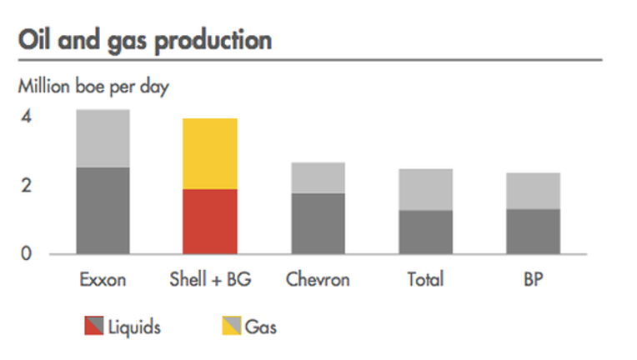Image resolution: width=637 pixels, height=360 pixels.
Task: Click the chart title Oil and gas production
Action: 145,41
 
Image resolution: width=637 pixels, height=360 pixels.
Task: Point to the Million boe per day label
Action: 93,87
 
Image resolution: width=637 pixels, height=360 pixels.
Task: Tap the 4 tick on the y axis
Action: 27,117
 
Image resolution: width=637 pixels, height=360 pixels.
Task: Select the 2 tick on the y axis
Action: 27,186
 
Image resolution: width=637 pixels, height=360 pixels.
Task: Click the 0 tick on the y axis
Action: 26,253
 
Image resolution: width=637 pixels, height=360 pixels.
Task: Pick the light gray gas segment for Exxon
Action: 103,138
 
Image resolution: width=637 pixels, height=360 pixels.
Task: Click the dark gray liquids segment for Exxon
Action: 103,211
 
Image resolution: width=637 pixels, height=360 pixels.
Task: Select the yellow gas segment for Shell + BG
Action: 210,154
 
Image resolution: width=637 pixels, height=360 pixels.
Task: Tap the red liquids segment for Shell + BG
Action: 210,222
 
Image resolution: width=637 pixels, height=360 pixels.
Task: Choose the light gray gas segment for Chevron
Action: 318,177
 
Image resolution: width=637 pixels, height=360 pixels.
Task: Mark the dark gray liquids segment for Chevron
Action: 318,223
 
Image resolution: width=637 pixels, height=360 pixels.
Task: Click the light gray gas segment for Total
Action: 426,189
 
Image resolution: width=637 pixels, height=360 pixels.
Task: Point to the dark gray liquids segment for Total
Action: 426,232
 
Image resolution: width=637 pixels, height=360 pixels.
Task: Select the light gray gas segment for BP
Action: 534,191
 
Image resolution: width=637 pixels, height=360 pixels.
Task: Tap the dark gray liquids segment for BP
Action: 534,232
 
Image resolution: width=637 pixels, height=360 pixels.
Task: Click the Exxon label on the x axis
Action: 103,280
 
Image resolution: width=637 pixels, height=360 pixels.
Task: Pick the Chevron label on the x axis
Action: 318,280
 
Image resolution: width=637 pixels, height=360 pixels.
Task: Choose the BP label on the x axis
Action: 534,280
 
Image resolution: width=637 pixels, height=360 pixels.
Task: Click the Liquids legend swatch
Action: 94,326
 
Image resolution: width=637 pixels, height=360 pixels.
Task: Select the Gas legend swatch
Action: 232,326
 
